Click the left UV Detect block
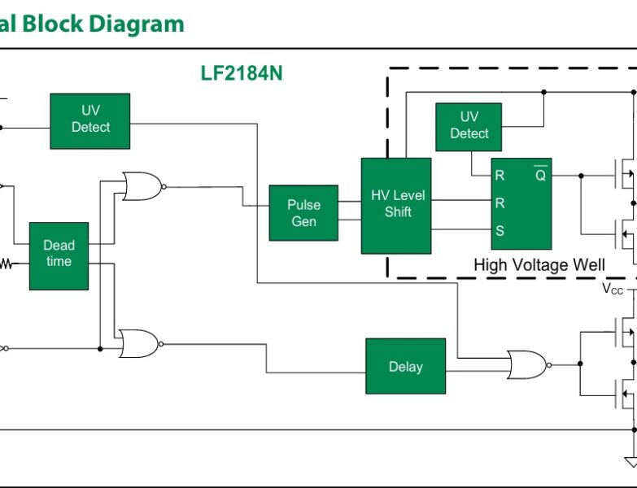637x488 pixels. coord(89,120)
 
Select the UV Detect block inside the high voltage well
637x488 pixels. coord(469,126)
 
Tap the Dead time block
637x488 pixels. coord(59,255)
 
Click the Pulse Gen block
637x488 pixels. coord(303,213)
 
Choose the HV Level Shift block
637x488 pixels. coord(396,205)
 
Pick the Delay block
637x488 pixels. coord(405,367)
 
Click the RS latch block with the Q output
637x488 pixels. coord(521,203)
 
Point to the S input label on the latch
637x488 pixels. coord(500,231)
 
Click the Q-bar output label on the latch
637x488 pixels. coord(540,175)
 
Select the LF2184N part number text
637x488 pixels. coord(242,73)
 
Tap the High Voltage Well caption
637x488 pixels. coord(539,265)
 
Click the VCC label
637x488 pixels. coord(613,289)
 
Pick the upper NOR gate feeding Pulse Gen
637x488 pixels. coord(140,186)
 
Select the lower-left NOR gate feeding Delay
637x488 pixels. coord(138,343)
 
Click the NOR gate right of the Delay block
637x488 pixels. coord(526,365)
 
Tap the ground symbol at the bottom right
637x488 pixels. coord(630,462)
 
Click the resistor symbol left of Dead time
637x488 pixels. coord(7,264)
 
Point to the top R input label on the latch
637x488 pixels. coord(500,175)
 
